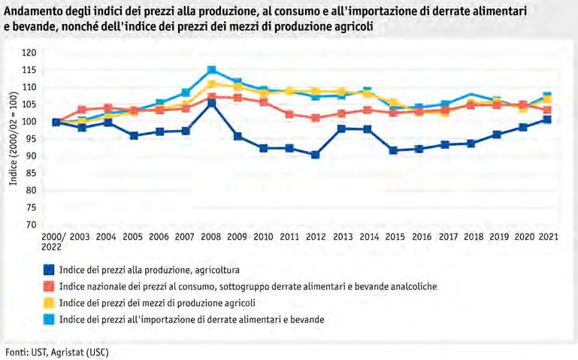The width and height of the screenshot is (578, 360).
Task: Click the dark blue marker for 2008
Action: tap(212, 103)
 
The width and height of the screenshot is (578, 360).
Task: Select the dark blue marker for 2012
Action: tap(316, 155)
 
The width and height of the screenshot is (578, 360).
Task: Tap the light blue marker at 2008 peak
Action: tap(212, 71)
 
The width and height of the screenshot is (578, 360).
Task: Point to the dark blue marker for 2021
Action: tap(548, 119)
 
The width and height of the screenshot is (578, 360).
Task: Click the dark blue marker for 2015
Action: tap(393, 150)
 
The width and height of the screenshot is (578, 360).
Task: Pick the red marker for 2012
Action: tap(316, 118)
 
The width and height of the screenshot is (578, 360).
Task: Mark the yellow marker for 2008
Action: tap(212, 85)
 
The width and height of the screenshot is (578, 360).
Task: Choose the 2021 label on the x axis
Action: tap(548, 237)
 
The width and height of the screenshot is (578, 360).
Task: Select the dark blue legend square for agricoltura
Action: tap(49, 269)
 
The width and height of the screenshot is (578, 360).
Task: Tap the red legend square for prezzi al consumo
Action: tap(49, 286)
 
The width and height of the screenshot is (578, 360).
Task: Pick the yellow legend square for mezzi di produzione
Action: tap(49, 302)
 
